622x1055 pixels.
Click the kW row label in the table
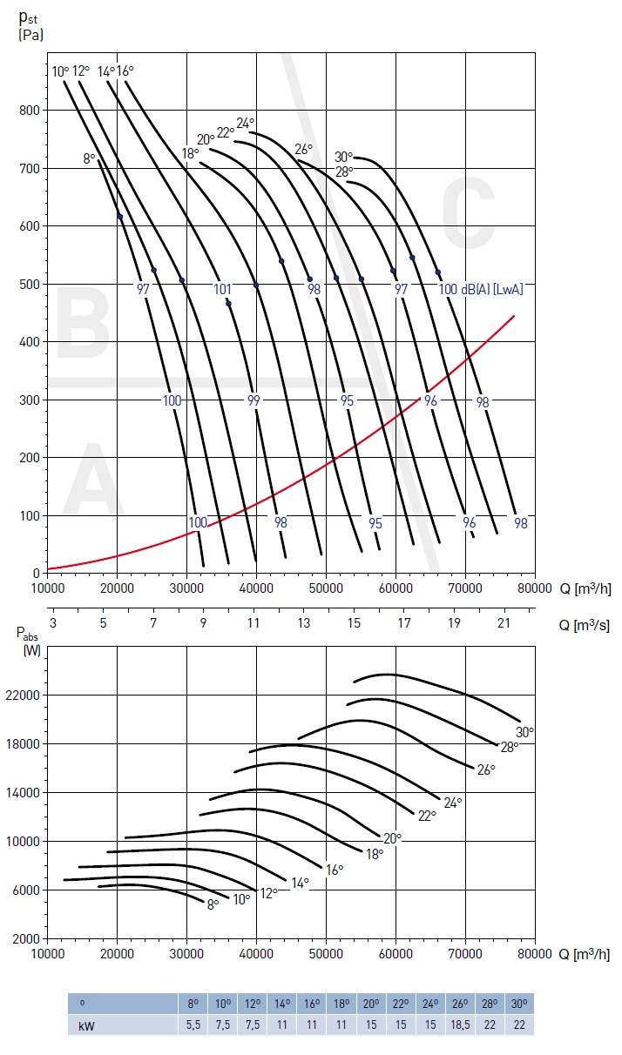(86, 1025)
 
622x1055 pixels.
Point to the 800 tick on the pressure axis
(29, 111)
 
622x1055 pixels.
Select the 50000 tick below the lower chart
(326, 955)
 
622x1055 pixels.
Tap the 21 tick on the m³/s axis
(504, 623)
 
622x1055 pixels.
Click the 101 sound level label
(223, 290)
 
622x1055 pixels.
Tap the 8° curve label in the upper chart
(89, 158)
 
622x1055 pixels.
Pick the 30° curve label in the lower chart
(524, 732)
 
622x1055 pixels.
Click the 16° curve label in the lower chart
(335, 870)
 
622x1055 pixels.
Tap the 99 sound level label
(254, 400)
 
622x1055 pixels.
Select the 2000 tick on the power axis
(26, 939)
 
